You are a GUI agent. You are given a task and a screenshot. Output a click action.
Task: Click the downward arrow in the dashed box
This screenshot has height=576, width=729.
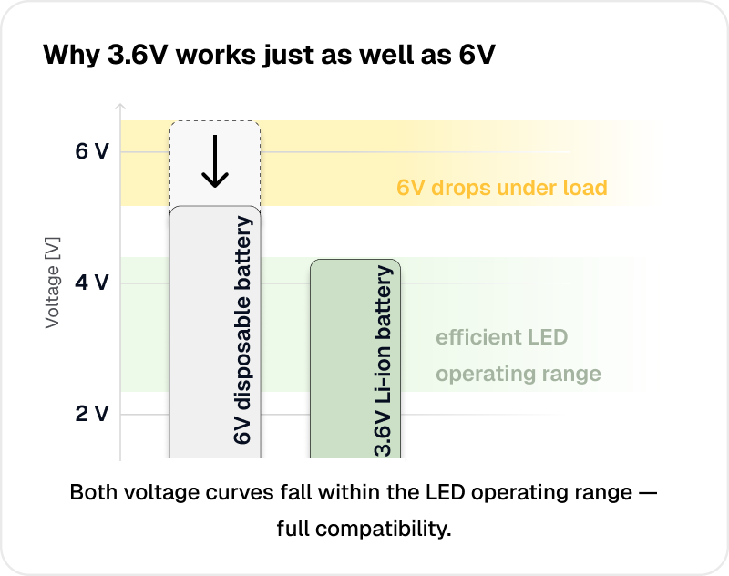[214, 162]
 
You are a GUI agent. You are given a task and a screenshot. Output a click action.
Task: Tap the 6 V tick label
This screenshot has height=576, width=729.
[91, 151]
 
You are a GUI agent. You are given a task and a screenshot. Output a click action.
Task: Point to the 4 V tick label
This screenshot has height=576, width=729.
[91, 283]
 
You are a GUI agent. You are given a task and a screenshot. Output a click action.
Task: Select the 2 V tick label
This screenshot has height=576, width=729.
[91, 414]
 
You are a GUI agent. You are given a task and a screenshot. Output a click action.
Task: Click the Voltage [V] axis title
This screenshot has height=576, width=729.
[53, 283]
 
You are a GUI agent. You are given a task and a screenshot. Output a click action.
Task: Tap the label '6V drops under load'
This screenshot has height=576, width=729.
[501, 188]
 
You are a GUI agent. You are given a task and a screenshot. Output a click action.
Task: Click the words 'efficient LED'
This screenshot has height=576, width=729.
[501, 337]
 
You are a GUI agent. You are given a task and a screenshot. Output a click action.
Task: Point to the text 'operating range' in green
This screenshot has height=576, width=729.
[518, 374]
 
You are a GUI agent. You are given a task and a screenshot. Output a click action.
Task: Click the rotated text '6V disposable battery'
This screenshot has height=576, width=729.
[242, 331]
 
